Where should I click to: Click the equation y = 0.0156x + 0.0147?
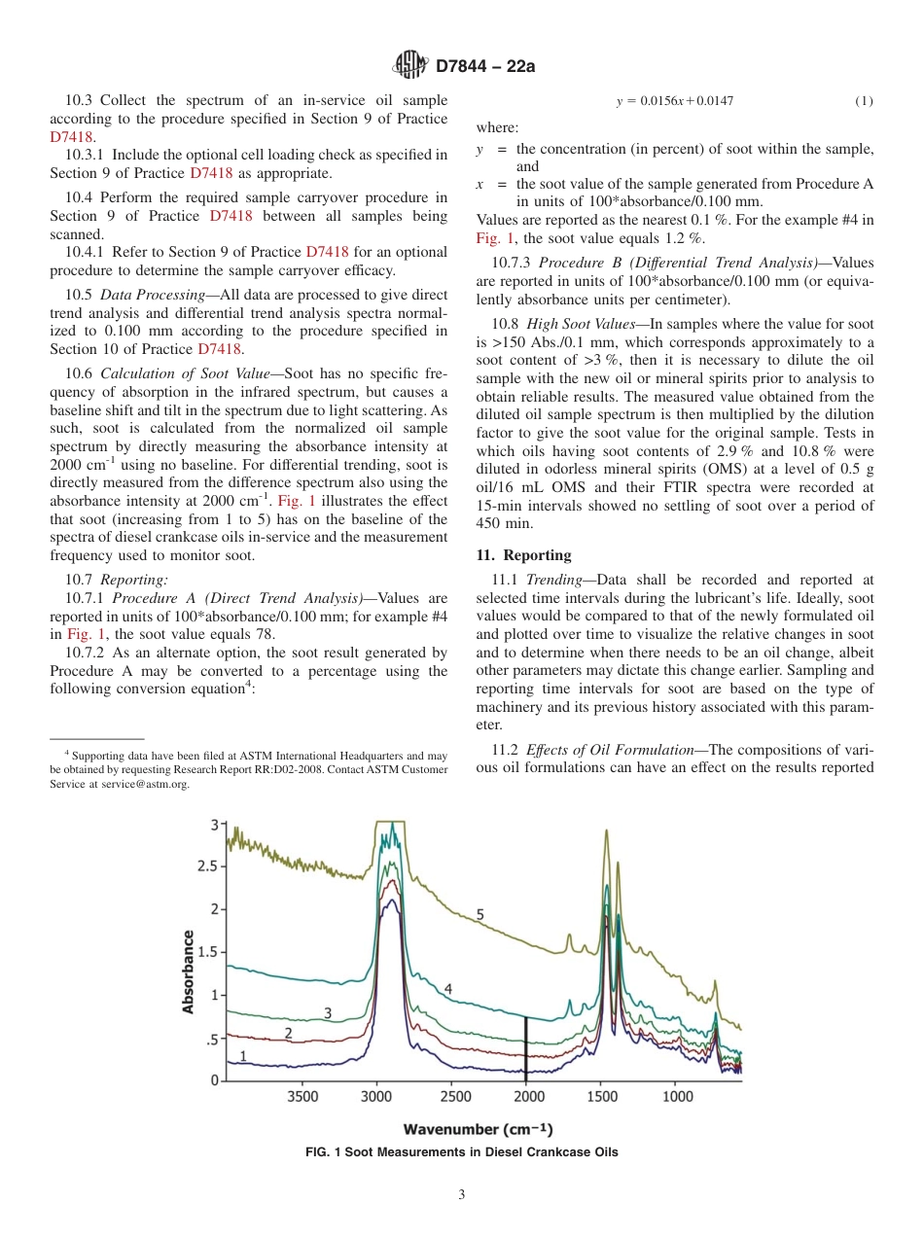click(675, 101)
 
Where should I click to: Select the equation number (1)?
click(864, 101)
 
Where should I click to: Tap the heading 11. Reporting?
click(523, 555)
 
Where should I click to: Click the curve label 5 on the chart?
click(480, 913)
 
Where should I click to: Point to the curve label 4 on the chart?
click(448, 988)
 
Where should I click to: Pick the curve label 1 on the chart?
click(243, 1055)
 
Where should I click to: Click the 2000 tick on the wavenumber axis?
click(527, 1097)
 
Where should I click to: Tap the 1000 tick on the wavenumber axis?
click(677, 1097)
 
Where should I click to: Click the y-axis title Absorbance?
click(189, 971)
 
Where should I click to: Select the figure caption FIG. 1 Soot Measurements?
click(462, 1152)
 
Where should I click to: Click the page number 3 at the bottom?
click(462, 1195)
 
